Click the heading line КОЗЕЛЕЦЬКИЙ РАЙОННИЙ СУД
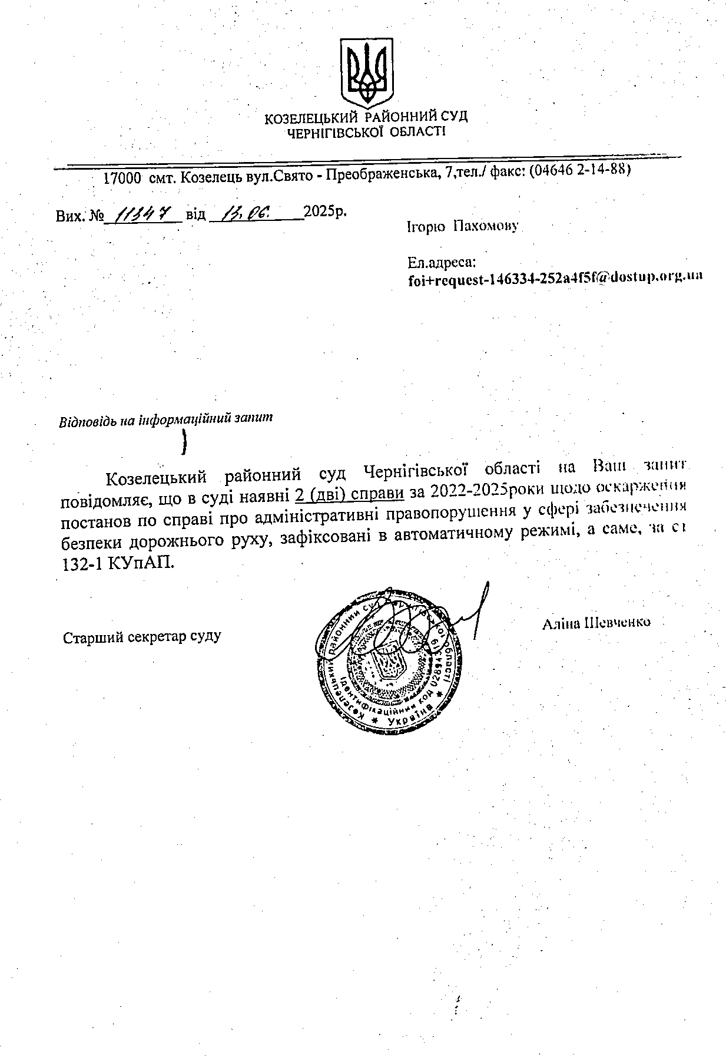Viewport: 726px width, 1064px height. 366,117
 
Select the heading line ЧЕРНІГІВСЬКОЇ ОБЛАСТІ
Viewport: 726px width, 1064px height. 366,132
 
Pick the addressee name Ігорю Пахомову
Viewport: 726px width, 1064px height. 462,227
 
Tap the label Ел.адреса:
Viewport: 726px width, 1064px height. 441,262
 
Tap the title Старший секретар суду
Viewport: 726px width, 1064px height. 142,636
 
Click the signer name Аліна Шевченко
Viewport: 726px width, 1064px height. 596,622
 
